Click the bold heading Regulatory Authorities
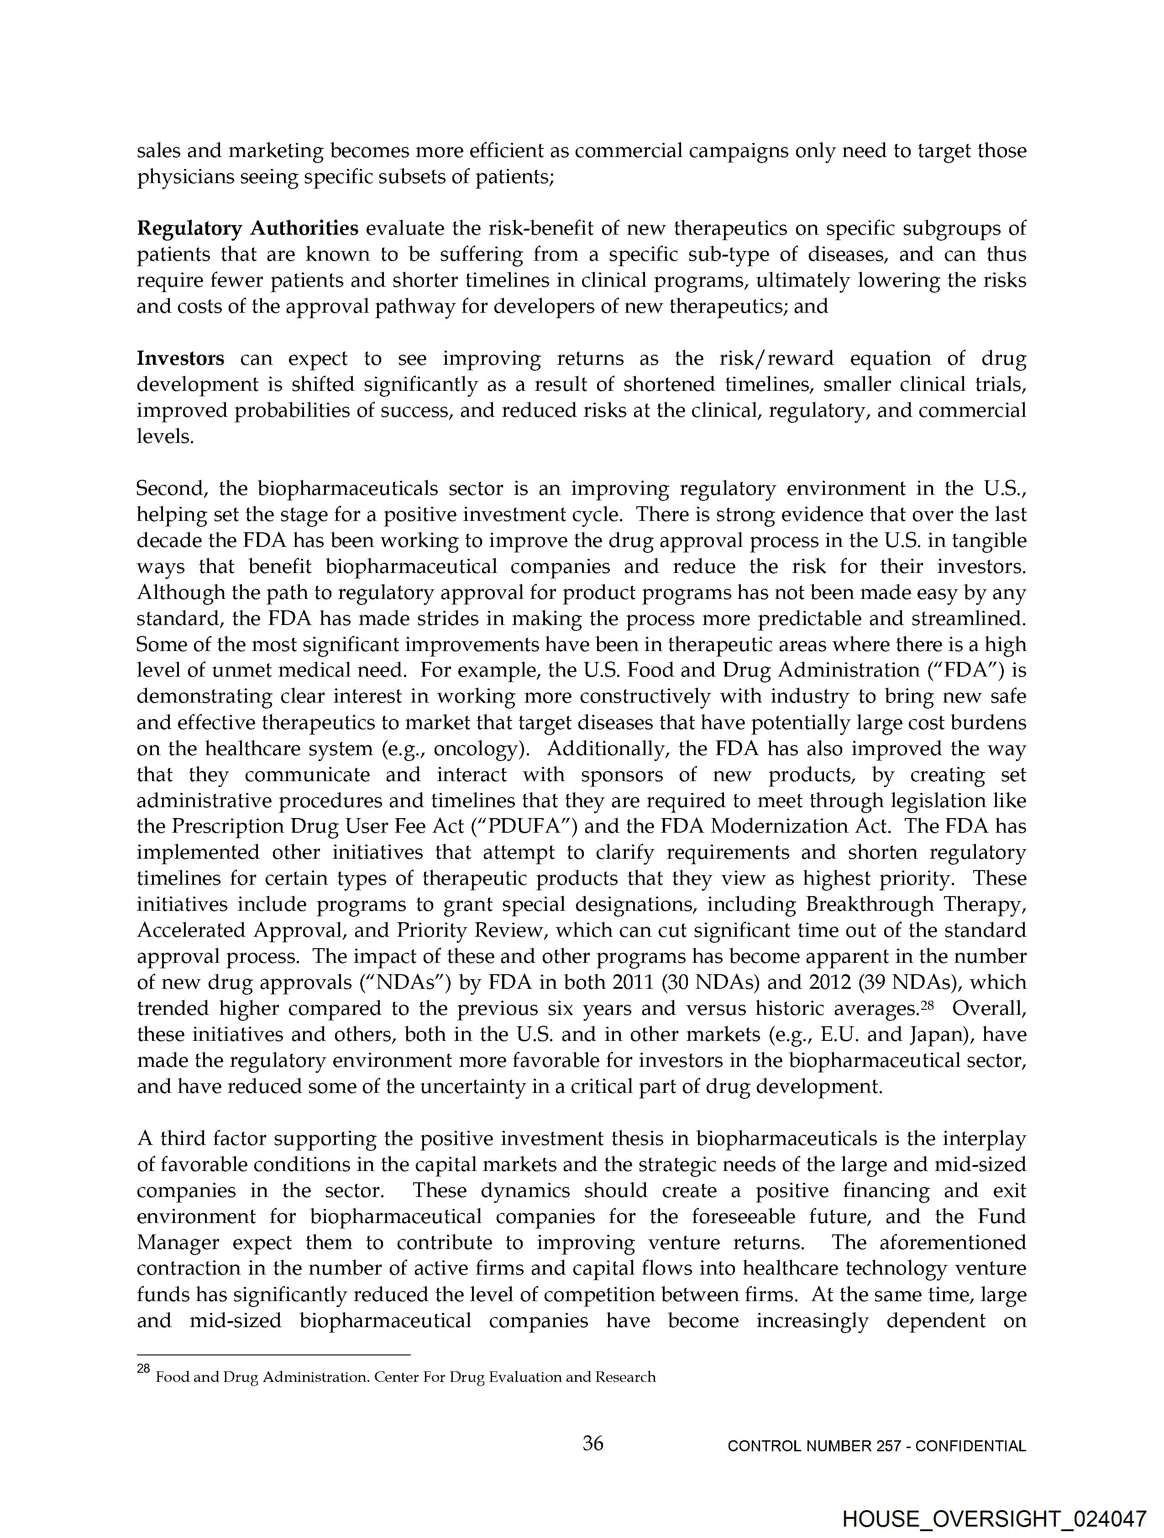click(x=247, y=228)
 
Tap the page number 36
click(x=592, y=1444)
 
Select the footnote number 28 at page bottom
click(x=143, y=1368)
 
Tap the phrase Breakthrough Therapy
click(x=916, y=904)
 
